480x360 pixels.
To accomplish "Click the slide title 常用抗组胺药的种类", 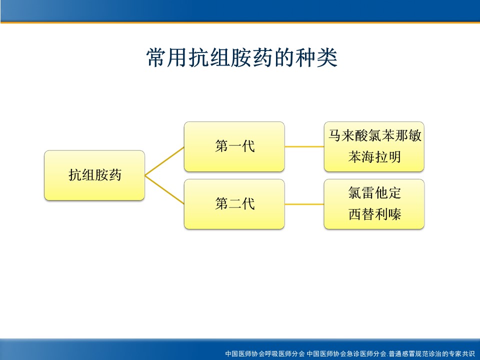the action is click(242, 57).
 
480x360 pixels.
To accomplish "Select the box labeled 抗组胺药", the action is click(94, 175).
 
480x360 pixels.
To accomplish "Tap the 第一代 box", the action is click(234, 146).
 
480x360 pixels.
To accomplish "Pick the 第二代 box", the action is click(234, 204).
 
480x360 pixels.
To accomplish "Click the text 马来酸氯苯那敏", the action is click(374, 135).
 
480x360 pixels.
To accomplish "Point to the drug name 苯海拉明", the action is click(374, 157).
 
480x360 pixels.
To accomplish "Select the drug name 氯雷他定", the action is click(374, 193).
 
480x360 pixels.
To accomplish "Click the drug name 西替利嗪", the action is click(374, 214).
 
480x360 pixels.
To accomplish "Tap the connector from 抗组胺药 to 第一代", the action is click(164, 161).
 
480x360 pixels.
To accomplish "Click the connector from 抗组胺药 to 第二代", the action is click(164, 190).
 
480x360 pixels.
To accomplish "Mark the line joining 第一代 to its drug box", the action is click(304, 146).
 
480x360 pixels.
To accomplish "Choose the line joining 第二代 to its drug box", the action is click(304, 204).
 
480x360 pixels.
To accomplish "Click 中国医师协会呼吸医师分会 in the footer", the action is click(265, 354).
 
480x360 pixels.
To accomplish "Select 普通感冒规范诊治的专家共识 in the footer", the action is click(431, 354).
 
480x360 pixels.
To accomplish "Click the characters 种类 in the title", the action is click(316, 57).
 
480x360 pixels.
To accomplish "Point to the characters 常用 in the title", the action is click(167, 57).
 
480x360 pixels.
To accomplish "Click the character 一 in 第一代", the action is click(235, 146).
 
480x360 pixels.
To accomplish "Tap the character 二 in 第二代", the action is click(235, 204).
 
